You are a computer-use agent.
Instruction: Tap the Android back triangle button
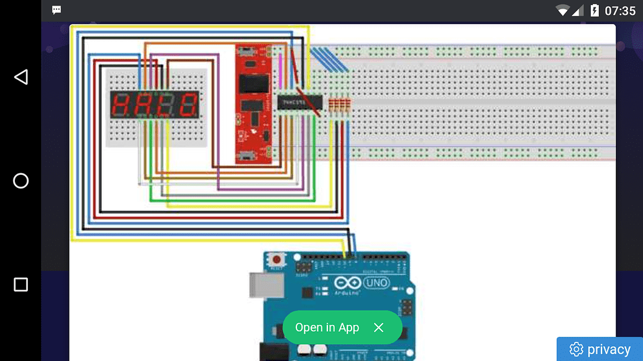[21, 77]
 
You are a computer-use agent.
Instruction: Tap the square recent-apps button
[21, 285]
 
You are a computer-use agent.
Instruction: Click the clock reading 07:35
[619, 11]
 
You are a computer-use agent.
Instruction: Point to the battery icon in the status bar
[595, 11]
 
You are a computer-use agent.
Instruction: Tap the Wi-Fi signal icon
[563, 11]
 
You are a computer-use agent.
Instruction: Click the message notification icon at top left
[57, 10]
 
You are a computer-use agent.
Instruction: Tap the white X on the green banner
[378, 328]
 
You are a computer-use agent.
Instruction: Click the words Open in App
[327, 328]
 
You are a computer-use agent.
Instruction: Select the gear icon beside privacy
[576, 350]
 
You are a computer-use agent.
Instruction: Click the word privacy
[608, 350]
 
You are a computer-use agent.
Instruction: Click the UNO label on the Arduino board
[376, 283]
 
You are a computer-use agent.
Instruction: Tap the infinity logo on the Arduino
[347, 283]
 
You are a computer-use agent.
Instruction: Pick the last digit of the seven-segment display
[188, 105]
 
